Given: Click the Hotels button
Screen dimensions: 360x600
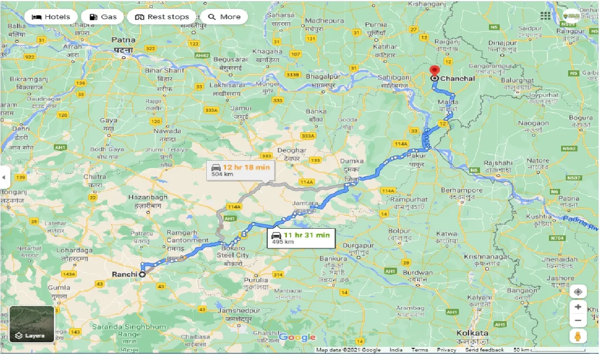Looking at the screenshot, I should coord(51,17).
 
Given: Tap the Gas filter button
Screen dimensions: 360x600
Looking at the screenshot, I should coord(102,17).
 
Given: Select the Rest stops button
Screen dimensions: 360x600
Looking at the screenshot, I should coord(162,17).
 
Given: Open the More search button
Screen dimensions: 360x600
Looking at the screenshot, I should coord(224,17).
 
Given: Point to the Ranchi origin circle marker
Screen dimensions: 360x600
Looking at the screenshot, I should coord(142,275).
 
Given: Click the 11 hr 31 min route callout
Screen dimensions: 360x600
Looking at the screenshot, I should coord(301,238).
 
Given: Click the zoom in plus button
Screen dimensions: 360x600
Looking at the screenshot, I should coord(578,307).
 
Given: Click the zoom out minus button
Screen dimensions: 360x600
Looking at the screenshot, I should coord(578,321).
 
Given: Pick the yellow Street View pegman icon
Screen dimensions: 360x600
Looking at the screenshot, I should coord(578,336).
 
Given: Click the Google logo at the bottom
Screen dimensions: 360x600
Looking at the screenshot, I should coord(297,337).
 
